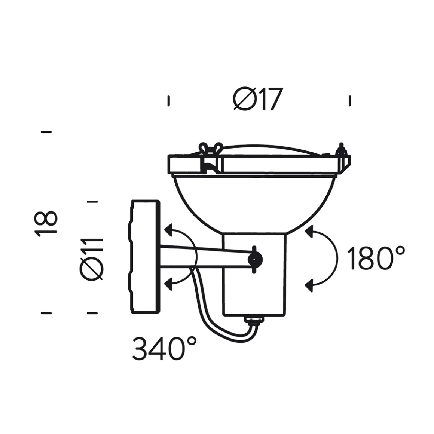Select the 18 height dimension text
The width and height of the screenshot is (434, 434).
(x=46, y=223)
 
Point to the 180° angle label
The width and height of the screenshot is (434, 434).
(x=376, y=258)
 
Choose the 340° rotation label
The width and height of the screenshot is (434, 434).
(x=164, y=348)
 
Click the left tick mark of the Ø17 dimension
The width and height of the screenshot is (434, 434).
(x=169, y=101)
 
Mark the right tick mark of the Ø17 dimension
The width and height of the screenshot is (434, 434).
(x=349, y=101)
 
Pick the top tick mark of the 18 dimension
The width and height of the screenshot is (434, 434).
(x=46, y=132)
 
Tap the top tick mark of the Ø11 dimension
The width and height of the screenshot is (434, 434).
(x=92, y=202)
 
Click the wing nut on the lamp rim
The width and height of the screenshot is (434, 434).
(x=211, y=149)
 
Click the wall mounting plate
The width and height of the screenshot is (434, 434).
(x=145, y=257)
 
